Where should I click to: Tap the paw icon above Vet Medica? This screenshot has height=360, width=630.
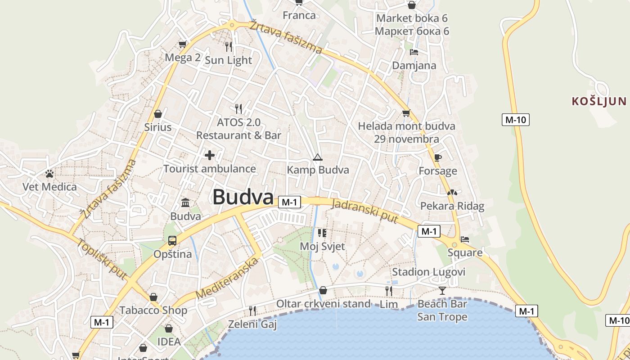pyautogui.click(x=49, y=173)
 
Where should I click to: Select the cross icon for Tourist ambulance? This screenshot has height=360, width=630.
pyautogui.click(x=210, y=156)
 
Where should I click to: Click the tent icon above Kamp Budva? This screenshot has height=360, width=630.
pyautogui.click(x=318, y=157)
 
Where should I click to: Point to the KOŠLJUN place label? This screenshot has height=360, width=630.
pyautogui.click(x=599, y=101)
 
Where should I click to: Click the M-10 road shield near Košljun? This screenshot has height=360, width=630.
pyautogui.click(x=515, y=120)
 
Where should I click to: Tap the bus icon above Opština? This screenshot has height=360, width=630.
pyautogui.click(x=172, y=240)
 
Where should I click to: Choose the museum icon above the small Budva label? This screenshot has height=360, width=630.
pyautogui.click(x=185, y=203)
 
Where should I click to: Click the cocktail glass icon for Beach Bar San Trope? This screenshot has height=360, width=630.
pyautogui.click(x=442, y=291)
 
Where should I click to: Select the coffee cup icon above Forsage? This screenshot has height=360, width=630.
pyautogui.click(x=438, y=157)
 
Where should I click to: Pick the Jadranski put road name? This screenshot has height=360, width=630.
pyautogui.click(x=365, y=211)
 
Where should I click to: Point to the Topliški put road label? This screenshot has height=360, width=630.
pyautogui.click(x=101, y=259)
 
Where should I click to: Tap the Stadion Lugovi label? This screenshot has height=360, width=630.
pyautogui.click(x=428, y=272)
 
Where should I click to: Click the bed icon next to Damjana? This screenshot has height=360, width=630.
pyautogui.click(x=414, y=52)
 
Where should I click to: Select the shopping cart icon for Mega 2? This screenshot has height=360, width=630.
pyautogui.click(x=182, y=44)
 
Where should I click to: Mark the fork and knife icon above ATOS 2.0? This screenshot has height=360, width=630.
pyautogui.click(x=238, y=108)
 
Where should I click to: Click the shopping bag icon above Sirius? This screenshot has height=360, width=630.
pyautogui.click(x=157, y=114)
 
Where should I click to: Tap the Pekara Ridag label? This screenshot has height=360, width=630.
pyautogui.click(x=452, y=206)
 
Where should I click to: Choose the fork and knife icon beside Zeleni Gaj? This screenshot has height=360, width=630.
pyautogui.click(x=252, y=310)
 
